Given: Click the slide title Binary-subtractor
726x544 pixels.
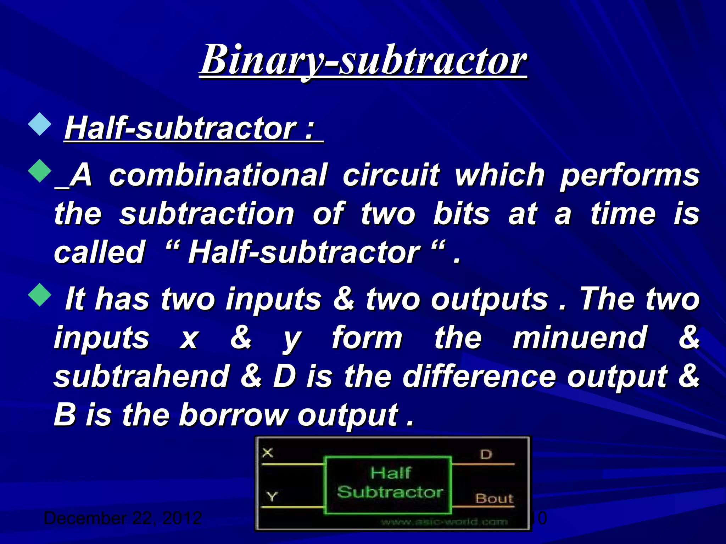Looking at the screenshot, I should coord(363,60).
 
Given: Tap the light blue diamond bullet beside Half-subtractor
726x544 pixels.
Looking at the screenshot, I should coord(40,124).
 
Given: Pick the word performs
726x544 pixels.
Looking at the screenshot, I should coord(630,175).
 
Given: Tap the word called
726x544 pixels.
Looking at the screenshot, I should coord(100,252).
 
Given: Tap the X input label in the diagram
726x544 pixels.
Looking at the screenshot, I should coord(268,453).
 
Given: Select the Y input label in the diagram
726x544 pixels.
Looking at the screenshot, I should coord(272,497).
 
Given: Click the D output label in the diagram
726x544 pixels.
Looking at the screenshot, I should coord(486,454).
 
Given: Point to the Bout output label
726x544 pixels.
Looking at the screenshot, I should coord(494,499).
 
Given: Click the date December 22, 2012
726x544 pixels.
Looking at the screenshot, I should coord(123,518).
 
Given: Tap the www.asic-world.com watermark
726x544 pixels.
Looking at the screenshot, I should coord(445,522).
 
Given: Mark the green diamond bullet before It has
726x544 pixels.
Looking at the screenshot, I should coord(40,294).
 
